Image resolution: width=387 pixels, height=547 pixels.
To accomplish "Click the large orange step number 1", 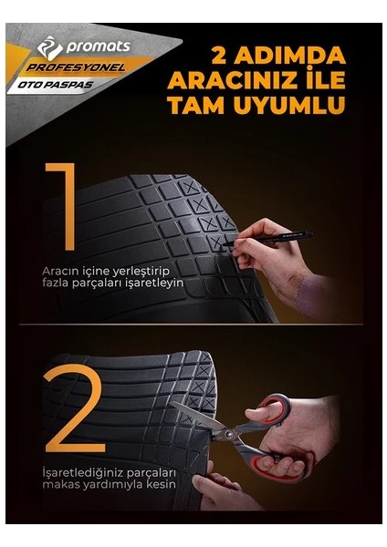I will click(63, 207).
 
